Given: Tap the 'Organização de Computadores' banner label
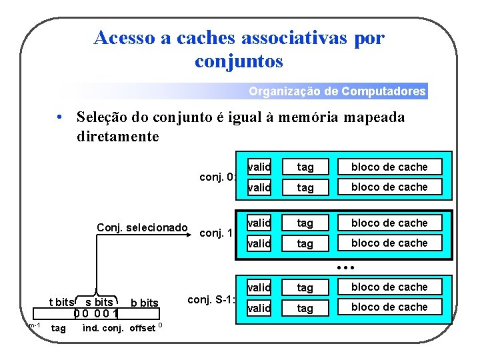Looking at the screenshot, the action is point(337,91).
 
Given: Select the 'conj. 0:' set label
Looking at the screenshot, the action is point(218,177).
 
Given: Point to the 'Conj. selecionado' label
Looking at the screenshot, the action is point(142,228).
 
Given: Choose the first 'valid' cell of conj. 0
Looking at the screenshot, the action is point(259,167).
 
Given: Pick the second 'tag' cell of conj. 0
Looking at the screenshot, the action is point(305,187).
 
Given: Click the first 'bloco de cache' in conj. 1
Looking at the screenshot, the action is point(389,223).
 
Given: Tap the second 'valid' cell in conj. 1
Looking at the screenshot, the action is point(259,243).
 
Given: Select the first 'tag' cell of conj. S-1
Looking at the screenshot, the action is point(305,287).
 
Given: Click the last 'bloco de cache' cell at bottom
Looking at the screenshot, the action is point(389,307).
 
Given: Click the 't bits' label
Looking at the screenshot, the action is point(62,303).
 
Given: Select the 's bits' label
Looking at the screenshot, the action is point(99,303).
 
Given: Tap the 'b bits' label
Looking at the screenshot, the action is point(145,303).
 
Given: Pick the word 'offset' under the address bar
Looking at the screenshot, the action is point(141,327).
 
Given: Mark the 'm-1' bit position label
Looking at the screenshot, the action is point(35,325).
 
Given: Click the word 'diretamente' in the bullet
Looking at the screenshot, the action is point(118,137).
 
